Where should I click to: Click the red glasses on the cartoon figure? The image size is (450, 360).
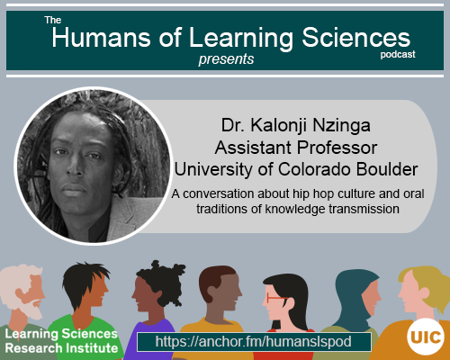pyautogui.click(x=274, y=297)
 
